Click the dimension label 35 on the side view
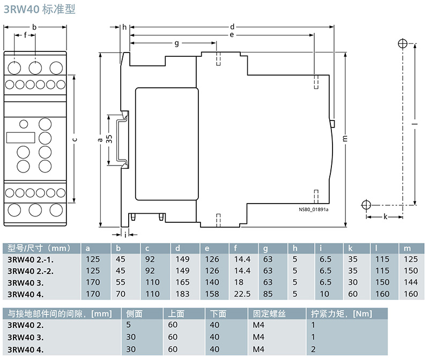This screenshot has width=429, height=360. tap(109, 138)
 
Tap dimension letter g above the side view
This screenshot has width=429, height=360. tap(176, 43)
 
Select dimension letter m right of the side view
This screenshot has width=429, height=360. tap(344, 138)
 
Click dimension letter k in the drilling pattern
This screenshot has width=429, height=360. tap(385, 216)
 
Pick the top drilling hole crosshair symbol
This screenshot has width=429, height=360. tap(402, 44)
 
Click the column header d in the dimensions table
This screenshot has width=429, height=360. tap(178, 248)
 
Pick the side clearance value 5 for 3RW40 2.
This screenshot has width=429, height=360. tap(128, 325)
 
